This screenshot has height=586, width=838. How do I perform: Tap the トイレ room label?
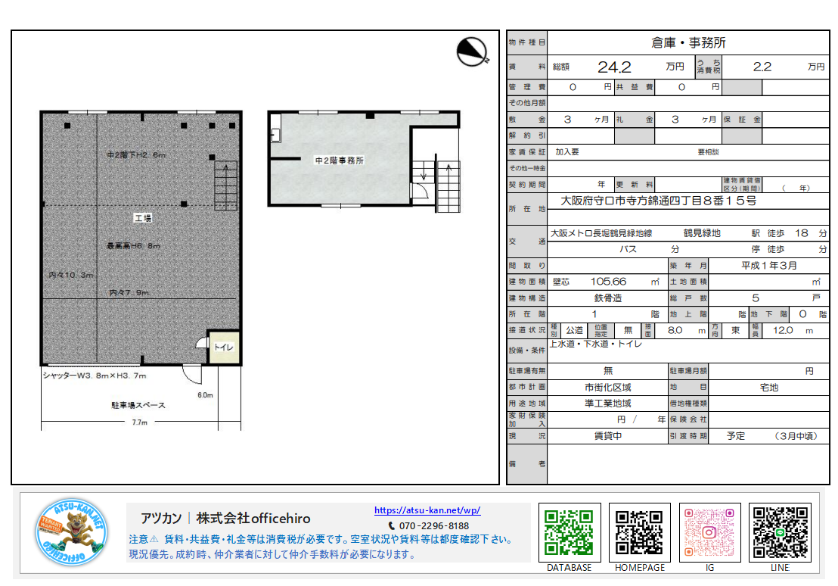coord(224,348)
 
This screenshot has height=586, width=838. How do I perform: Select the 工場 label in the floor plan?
coord(143,218)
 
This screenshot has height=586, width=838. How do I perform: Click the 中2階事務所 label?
coord(340,161)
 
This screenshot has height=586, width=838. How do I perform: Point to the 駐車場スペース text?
coord(138,405)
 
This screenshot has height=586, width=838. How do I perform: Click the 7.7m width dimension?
coord(139,422)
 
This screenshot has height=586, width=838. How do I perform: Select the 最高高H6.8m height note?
coord(133,245)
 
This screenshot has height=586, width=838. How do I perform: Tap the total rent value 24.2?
coord(613,67)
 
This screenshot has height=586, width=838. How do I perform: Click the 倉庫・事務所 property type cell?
coord(687,42)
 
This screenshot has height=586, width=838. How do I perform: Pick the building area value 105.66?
coord(608,282)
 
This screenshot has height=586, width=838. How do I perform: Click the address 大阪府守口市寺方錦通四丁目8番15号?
coord(658,201)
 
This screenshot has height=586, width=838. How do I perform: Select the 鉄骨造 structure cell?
coord(607,298)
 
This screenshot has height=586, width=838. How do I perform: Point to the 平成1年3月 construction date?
coord(768,266)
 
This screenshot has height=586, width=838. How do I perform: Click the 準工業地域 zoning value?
coord(607,404)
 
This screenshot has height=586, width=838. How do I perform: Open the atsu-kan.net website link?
coord(427,510)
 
